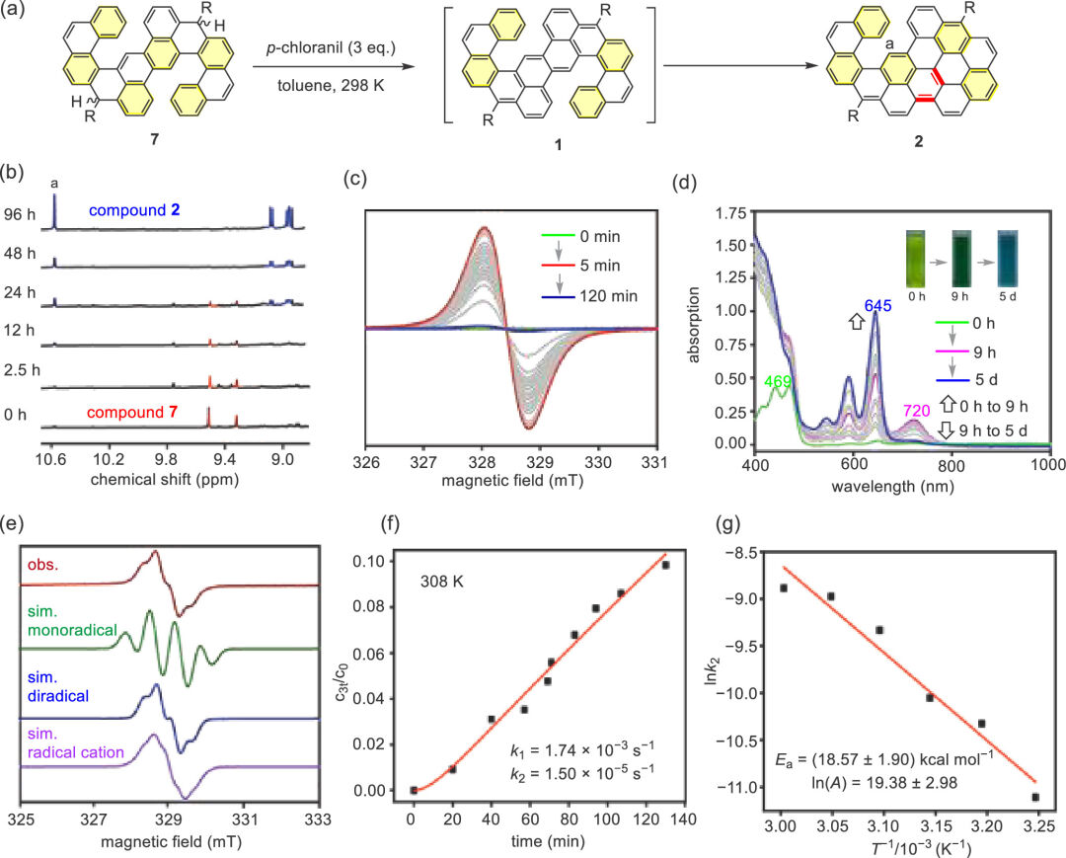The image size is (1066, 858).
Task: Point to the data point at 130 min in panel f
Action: point(665,565)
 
